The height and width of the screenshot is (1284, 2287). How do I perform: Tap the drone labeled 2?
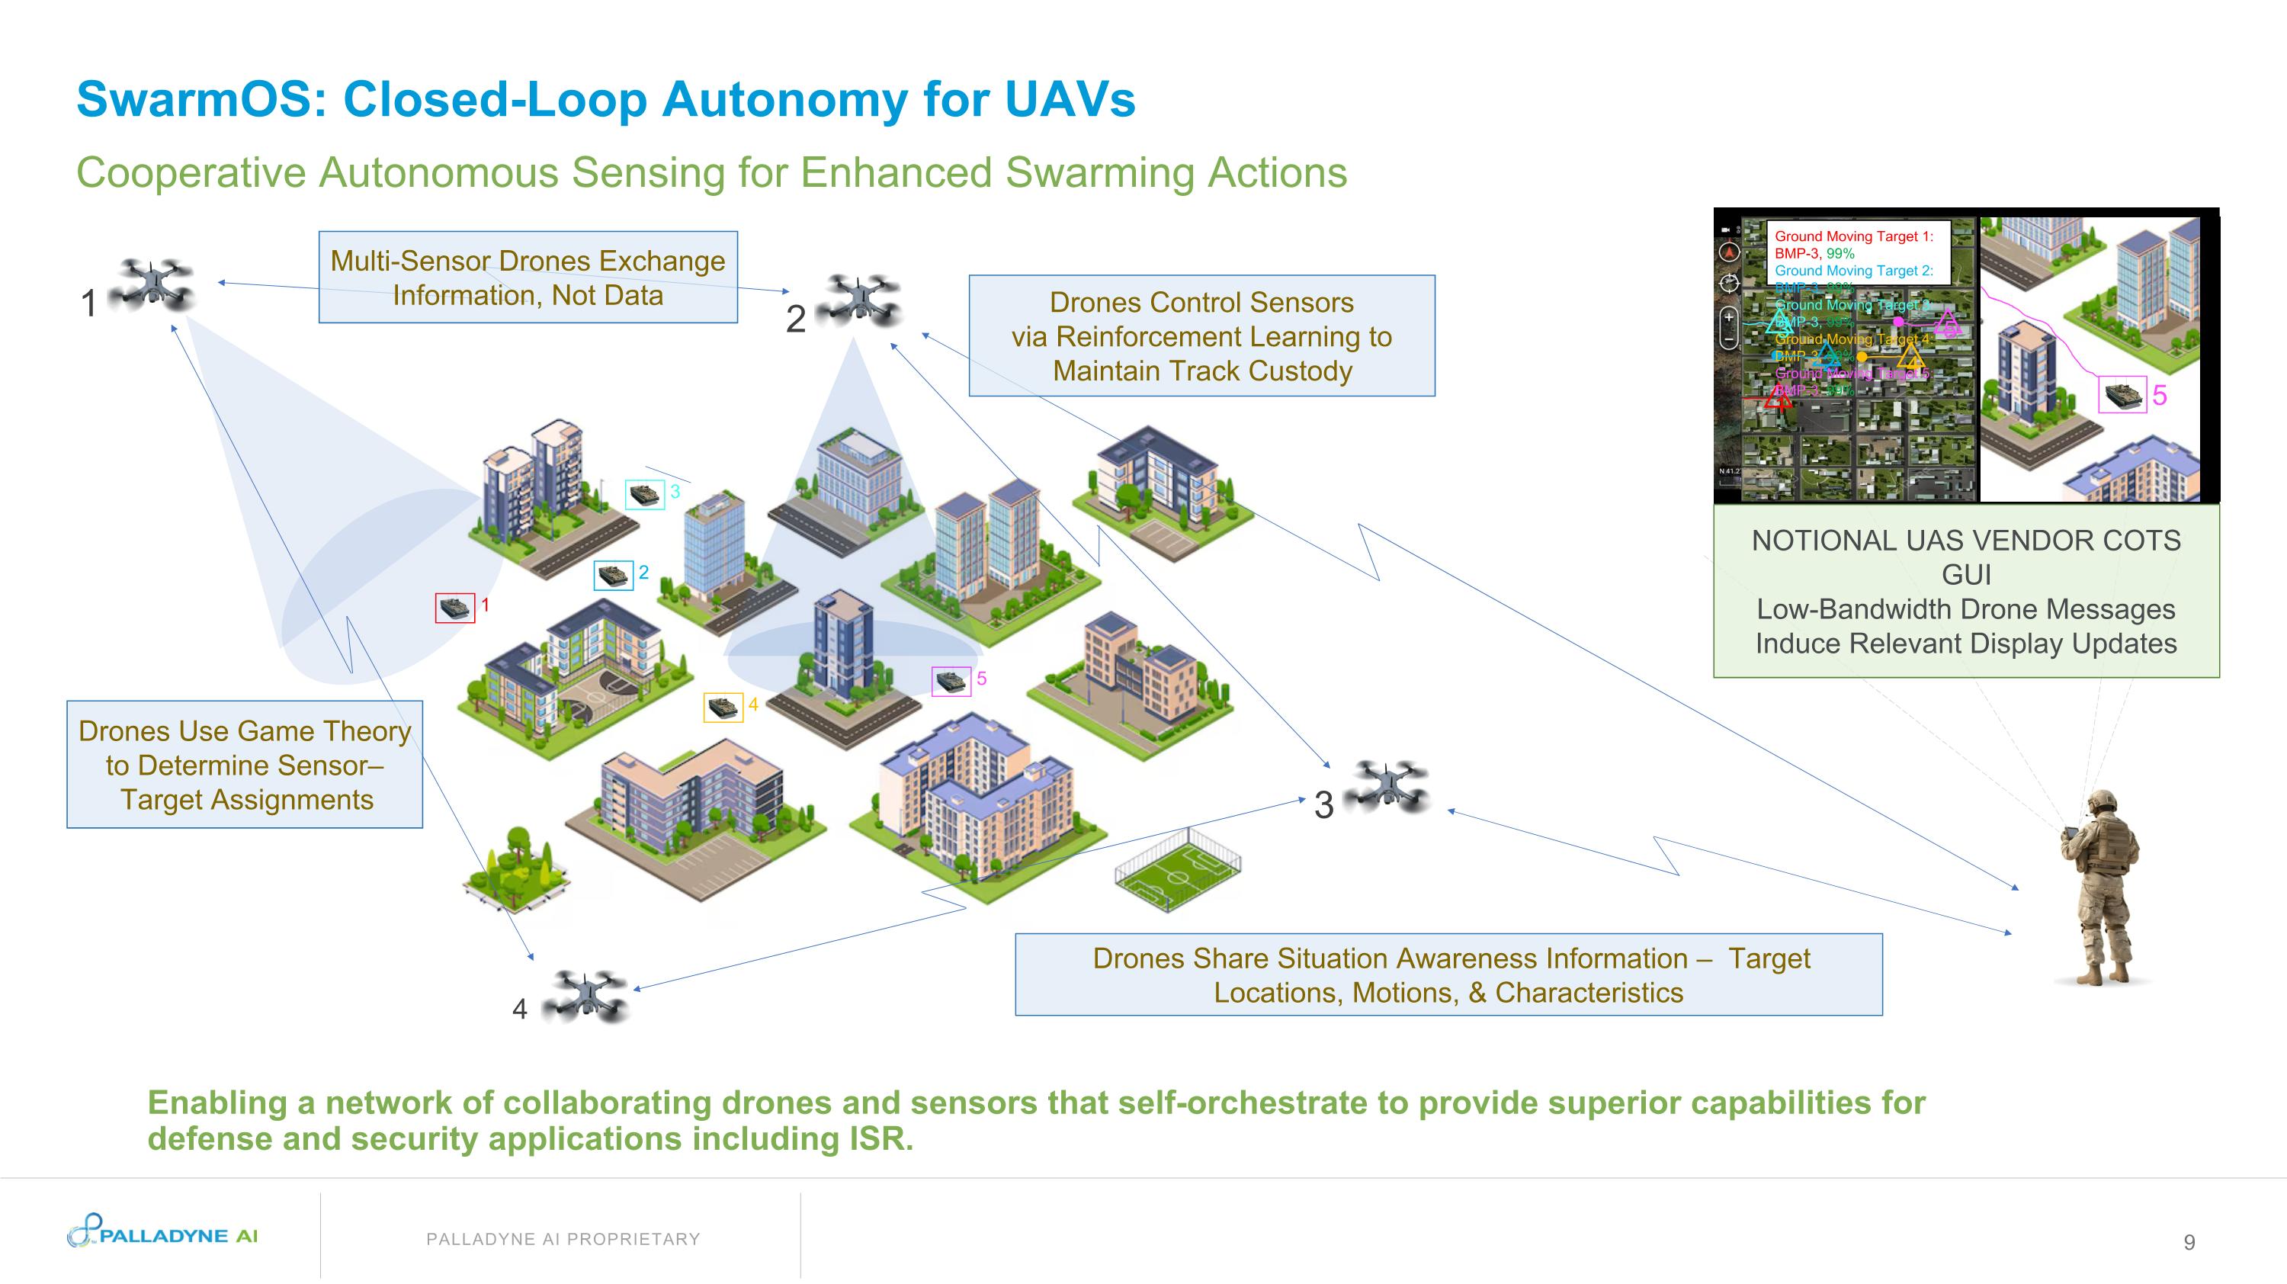(x=858, y=299)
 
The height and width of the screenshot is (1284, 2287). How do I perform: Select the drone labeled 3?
(x=1386, y=785)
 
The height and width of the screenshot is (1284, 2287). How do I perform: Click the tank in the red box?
(x=454, y=608)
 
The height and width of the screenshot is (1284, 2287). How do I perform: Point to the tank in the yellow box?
(x=723, y=707)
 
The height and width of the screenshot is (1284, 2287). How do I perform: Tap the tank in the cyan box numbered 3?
(x=644, y=494)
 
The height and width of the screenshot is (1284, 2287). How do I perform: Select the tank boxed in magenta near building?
(x=951, y=681)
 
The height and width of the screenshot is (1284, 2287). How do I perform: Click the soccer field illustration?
(x=1177, y=868)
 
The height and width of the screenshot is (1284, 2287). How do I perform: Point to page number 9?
(x=2189, y=1242)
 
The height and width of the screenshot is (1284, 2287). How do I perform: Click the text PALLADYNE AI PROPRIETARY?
(x=563, y=1239)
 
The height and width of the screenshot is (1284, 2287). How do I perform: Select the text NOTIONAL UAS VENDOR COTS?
(x=1965, y=541)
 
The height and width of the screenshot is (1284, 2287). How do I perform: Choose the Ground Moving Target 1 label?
(x=1853, y=236)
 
